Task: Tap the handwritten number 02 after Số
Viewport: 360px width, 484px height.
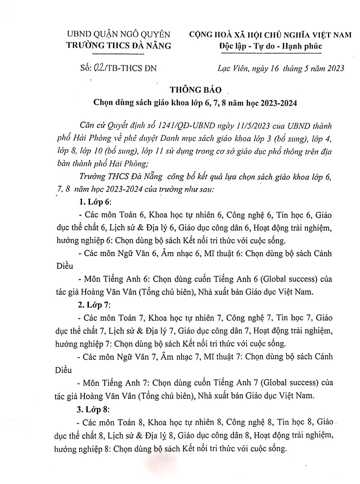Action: click(98, 68)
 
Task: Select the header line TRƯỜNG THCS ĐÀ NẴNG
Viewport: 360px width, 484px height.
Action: click(118, 46)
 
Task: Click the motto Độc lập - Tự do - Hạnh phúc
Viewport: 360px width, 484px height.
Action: click(270, 46)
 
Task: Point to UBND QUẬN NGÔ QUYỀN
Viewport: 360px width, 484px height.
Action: click(118, 35)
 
